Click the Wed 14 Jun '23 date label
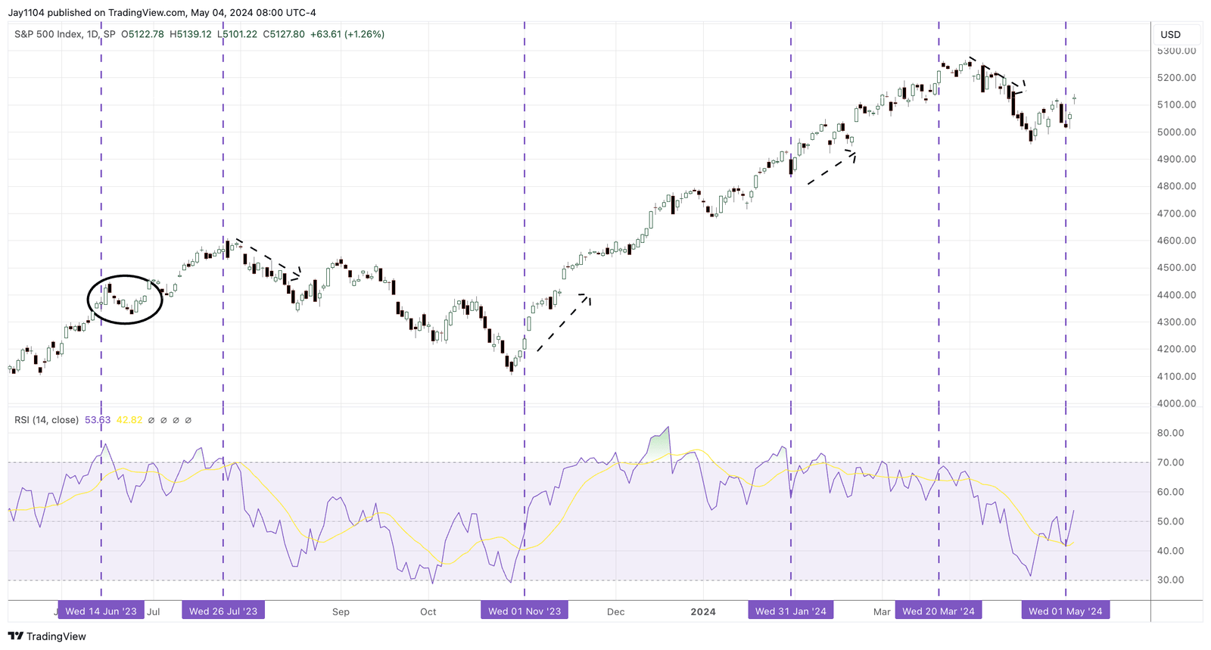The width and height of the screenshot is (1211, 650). pyautogui.click(x=101, y=611)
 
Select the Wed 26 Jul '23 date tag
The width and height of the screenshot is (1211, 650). pyautogui.click(x=223, y=611)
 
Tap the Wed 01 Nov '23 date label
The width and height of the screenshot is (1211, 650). pyautogui.click(x=525, y=611)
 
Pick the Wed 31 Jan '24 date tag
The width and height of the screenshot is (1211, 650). pyautogui.click(x=791, y=611)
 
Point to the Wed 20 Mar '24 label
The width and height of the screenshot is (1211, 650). pyautogui.click(x=939, y=611)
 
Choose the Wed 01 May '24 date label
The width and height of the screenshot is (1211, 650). pyautogui.click(x=1066, y=611)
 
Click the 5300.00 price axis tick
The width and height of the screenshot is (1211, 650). pyautogui.click(x=1176, y=51)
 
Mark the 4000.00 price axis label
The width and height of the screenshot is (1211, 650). pyautogui.click(x=1176, y=403)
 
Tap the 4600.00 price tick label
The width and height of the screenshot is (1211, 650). pyautogui.click(x=1176, y=241)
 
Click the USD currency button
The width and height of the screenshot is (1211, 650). pyautogui.click(x=1171, y=34)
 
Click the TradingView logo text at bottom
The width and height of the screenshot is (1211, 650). pyautogui.click(x=48, y=636)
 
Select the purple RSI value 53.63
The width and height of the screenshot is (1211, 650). pyautogui.click(x=98, y=420)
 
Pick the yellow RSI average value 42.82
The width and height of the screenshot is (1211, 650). pyautogui.click(x=129, y=420)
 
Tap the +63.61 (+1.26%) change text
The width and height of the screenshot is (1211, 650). pyautogui.click(x=347, y=34)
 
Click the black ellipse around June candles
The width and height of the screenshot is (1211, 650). pyautogui.click(x=125, y=299)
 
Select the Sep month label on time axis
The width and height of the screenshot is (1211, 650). pyautogui.click(x=341, y=611)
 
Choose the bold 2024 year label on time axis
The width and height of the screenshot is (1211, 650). pyautogui.click(x=703, y=611)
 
